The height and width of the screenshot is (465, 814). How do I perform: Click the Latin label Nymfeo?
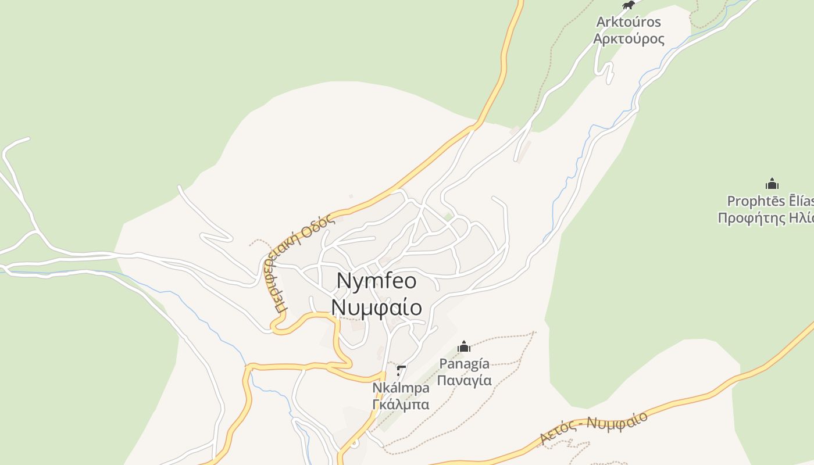coord(377,281)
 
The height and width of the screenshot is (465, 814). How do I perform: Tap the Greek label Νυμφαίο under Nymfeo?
coord(377,307)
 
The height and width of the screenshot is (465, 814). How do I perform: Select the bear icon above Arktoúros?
coord(628,5)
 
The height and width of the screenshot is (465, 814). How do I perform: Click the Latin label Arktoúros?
coord(629,22)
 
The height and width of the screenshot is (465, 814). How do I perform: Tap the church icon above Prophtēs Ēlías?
coord(772,184)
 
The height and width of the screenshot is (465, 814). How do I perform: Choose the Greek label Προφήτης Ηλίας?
coord(765,218)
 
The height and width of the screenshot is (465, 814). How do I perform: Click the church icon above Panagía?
coord(464,346)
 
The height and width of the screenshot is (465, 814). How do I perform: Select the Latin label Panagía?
coord(464,364)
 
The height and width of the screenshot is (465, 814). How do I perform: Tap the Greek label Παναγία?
coord(464,380)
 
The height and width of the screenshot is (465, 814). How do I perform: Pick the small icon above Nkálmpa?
coord(401,370)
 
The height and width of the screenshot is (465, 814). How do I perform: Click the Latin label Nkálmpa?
coord(401,387)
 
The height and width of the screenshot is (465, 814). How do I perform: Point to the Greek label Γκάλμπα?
coord(401,404)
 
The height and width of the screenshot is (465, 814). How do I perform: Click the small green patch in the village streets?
coord(448,217)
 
